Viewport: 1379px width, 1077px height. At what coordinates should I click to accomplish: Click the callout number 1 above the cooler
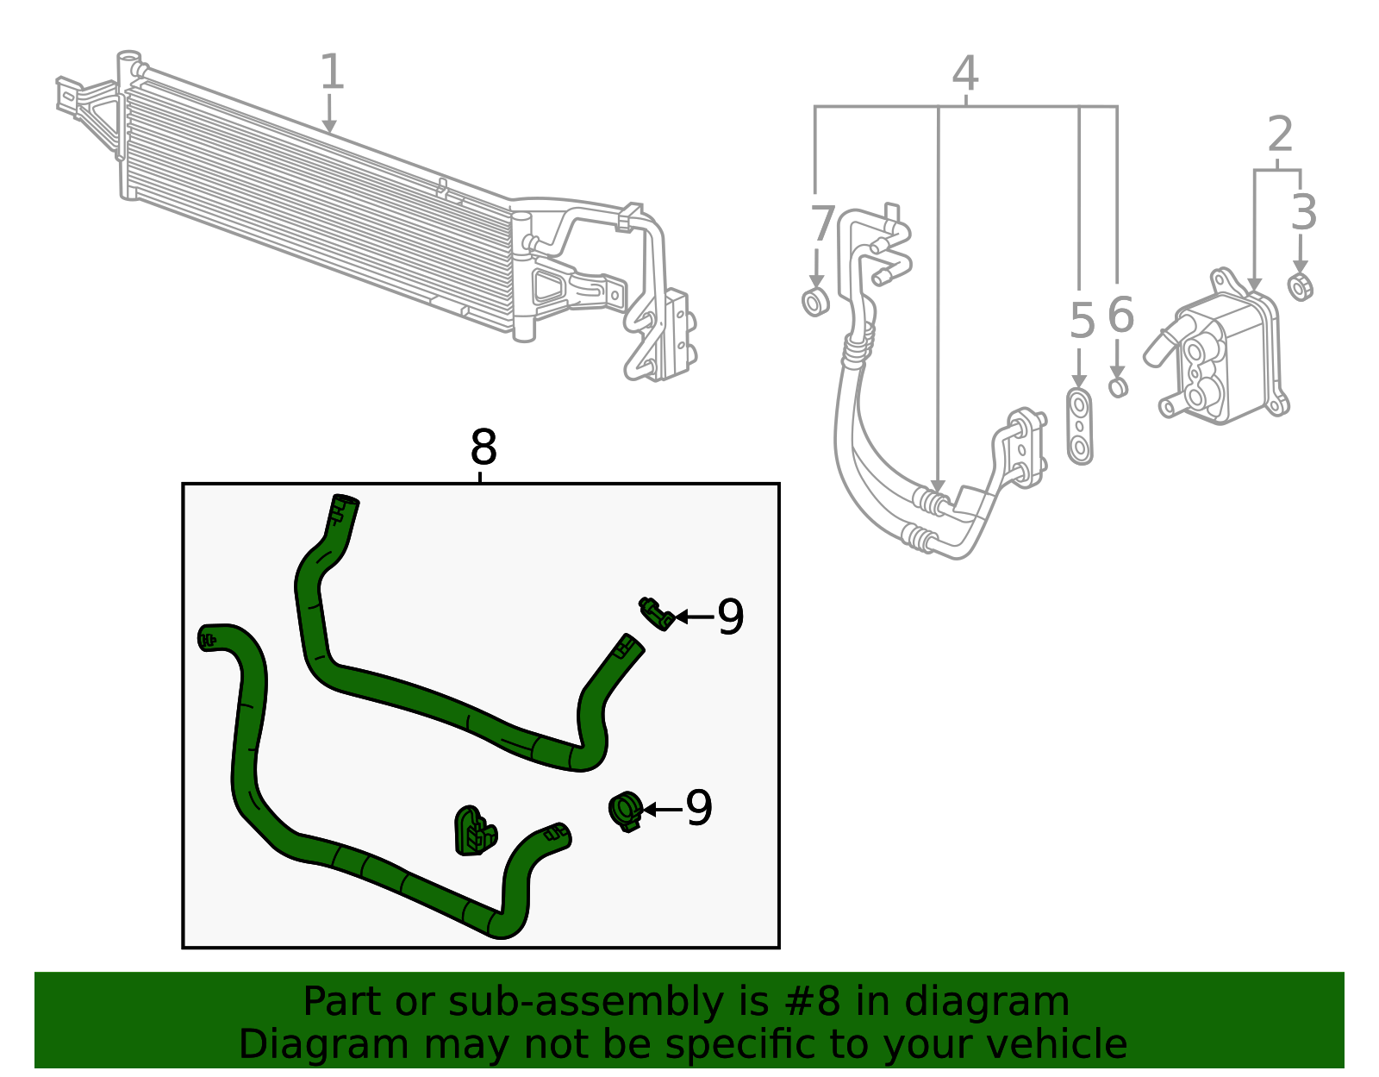pyautogui.click(x=332, y=72)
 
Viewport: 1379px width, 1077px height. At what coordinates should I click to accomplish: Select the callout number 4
pyautogui.click(x=965, y=74)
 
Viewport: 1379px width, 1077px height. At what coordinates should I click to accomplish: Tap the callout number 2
pyautogui.click(x=1281, y=135)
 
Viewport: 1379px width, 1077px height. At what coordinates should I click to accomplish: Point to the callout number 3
pyautogui.click(x=1303, y=213)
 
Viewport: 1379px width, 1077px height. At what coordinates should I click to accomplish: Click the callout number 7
pyautogui.click(x=822, y=224)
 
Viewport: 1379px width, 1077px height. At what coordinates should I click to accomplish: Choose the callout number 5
pyautogui.click(x=1082, y=322)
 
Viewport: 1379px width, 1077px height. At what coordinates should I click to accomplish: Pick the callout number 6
pyautogui.click(x=1120, y=316)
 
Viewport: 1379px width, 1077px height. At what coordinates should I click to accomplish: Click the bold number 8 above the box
pyautogui.click(x=484, y=448)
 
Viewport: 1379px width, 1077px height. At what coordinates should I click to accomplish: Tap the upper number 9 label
pyautogui.click(x=730, y=617)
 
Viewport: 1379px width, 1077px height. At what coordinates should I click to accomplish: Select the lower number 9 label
pyautogui.click(x=699, y=809)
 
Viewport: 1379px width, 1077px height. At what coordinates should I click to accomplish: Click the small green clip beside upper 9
pyautogui.click(x=657, y=613)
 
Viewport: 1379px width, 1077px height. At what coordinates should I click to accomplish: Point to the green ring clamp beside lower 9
pyautogui.click(x=626, y=811)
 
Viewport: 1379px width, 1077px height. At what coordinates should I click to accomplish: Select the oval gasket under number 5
pyautogui.click(x=1079, y=427)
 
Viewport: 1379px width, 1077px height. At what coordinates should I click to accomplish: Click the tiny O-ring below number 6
pyautogui.click(x=1118, y=387)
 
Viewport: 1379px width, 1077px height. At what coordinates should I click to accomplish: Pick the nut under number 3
pyautogui.click(x=1301, y=286)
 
